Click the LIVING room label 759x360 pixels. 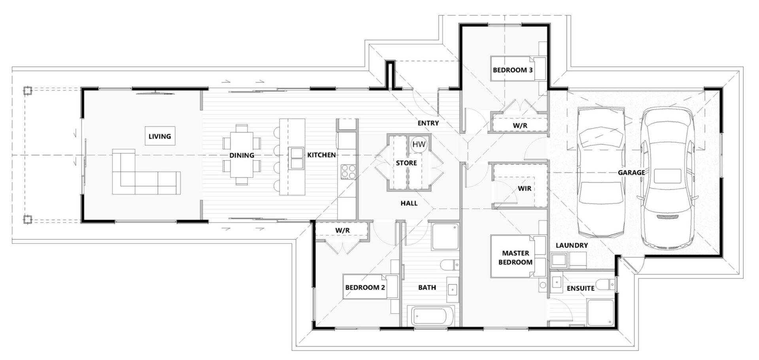click(160, 136)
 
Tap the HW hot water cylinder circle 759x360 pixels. click(419, 145)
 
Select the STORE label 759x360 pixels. click(406, 163)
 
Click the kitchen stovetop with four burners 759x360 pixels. click(348, 172)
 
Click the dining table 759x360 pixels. click(242, 155)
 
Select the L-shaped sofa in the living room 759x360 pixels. click(146, 172)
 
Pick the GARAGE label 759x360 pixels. click(631, 172)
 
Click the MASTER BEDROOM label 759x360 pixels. click(515, 257)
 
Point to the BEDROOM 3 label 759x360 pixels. click(512, 70)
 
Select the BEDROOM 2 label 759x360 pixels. click(365, 287)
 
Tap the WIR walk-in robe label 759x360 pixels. click(524, 188)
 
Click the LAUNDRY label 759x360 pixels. click(572, 245)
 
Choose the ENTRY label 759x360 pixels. click(428, 123)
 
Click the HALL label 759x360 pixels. click(409, 203)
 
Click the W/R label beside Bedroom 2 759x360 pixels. click(342, 230)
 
